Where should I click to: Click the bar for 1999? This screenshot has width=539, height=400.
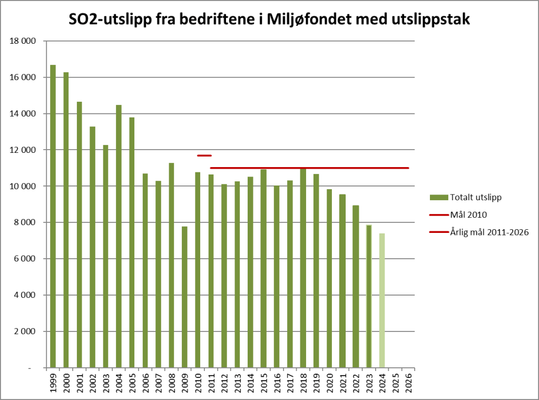coord(53,216)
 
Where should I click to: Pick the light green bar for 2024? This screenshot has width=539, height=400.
coord(382,300)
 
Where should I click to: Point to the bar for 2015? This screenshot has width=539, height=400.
coord(263,268)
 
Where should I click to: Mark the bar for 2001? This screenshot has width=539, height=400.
coord(79,235)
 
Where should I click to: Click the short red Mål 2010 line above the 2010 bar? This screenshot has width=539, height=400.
coord(204,155)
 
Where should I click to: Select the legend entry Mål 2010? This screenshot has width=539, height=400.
coord(464,214)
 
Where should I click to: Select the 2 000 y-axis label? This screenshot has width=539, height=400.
coord(27,331)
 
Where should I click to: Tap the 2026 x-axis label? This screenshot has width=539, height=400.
coord(408,381)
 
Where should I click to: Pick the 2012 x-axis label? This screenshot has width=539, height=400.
coord(224,381)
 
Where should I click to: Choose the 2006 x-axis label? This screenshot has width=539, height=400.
coord(145,381)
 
